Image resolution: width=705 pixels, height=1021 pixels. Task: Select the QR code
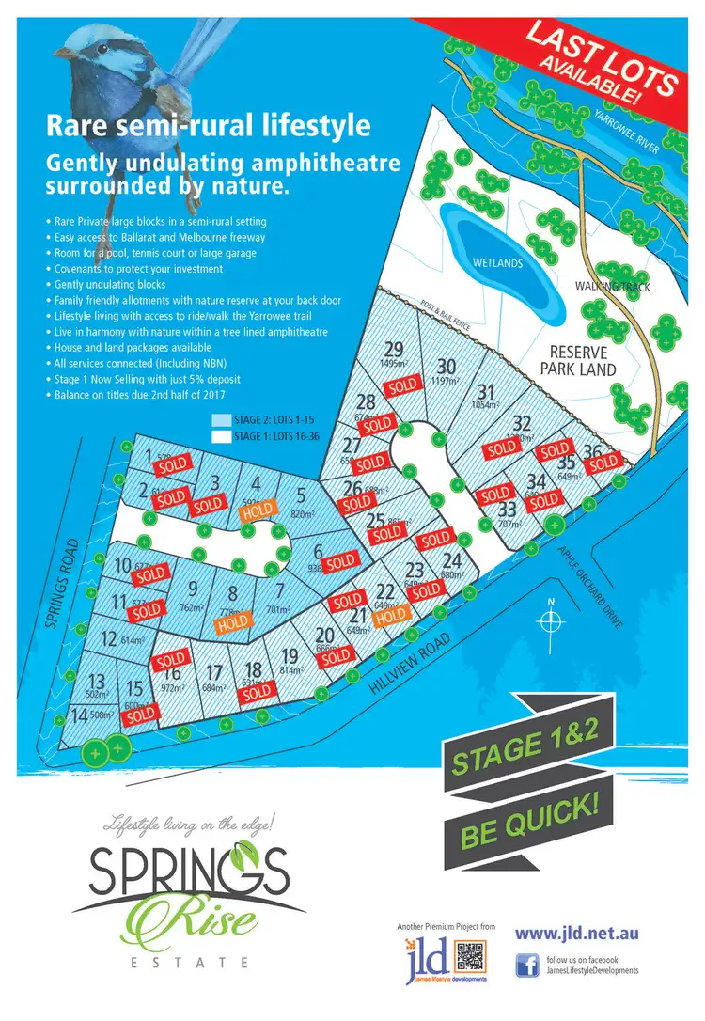click(x=470, y=960)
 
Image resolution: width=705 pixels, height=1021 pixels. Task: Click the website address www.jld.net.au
click(x=577, y=934)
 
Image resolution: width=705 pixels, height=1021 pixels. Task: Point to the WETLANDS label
click(x=497, y=264)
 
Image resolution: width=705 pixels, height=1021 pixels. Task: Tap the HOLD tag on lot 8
click(x=232, y=621)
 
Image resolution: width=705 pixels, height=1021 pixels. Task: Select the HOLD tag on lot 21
click(x=392, y=615)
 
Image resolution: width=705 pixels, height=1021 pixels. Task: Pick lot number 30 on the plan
click(x=446, y=367)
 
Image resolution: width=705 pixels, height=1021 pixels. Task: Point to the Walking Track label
click(x=614, y=284)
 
